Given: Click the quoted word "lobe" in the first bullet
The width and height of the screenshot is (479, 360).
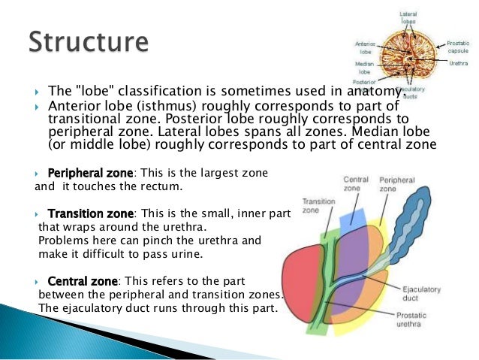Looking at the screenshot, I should pos(92,92).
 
